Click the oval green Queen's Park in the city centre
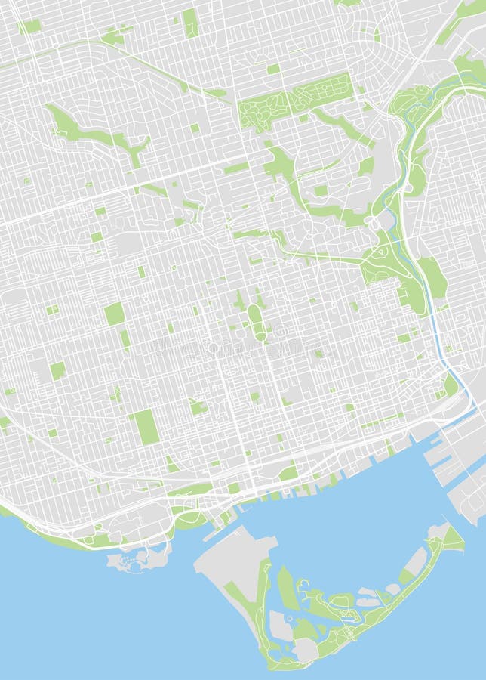(x=257, y=322)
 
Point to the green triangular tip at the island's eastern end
(x=453, y=539)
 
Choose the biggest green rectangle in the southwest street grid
(x=146, y=427)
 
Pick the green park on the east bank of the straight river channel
(x=432, y=276)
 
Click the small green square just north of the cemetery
(x=273, y=69)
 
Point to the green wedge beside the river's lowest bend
(x=451, y=385)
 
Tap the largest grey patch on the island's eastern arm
(x=415, y=560)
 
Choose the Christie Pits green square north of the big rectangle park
(x=114, y=313)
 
